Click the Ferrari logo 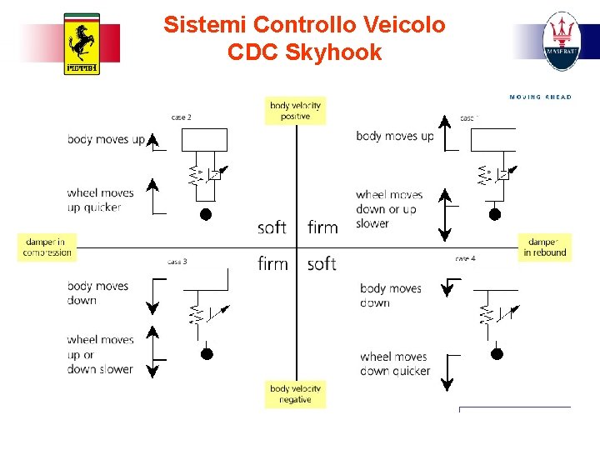[82, 44]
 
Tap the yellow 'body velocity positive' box [295, 111]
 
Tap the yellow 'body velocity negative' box [295, 394]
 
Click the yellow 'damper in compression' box [47, 247]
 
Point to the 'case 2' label [181, 117]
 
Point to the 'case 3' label [177, 262]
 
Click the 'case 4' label [465, 259]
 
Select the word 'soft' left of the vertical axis [272, 227]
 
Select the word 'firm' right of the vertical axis [322, 227]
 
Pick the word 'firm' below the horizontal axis [272, 264]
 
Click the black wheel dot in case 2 [206, 214]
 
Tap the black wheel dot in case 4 [497, 353]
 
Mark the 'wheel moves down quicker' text [395, 363]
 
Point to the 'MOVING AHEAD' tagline [540, 97]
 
